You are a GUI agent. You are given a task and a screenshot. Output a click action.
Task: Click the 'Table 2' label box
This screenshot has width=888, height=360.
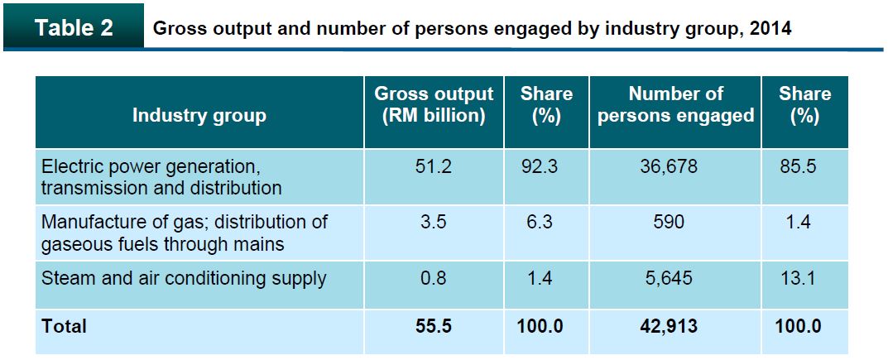(74, 28)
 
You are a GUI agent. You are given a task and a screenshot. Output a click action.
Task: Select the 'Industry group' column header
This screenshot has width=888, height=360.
(199, 114)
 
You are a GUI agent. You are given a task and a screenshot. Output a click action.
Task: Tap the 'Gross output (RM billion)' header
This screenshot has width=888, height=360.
(434, 104)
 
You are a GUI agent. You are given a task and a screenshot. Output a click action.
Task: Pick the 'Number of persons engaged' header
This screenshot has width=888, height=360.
(675, 104)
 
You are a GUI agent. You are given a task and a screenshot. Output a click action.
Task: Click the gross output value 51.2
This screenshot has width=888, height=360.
(434, 167)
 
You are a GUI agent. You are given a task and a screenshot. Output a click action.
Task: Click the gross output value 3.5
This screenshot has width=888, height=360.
(434, 223)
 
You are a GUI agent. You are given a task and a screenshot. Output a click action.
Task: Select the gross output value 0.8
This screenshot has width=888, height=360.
(434, 278)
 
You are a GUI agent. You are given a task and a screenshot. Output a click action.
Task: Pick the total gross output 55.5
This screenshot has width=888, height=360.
(434, 326)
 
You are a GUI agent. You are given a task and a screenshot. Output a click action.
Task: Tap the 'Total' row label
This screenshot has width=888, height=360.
(64, 326)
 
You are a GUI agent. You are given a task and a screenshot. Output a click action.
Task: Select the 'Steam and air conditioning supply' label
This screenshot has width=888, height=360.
(184, 278)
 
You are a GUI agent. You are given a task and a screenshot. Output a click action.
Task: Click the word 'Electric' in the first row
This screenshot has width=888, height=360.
(70, 167)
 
